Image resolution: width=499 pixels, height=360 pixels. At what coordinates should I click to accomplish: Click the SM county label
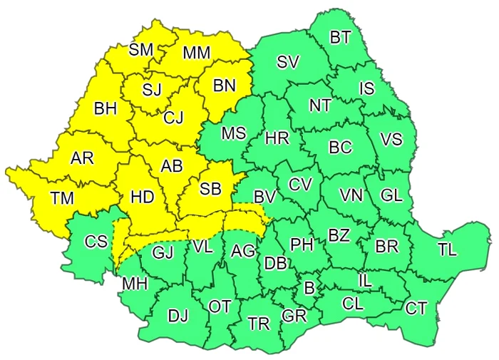[142, 50]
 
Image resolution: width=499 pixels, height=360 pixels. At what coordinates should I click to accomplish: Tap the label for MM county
[196, 53]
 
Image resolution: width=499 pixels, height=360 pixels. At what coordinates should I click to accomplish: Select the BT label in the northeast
[340, 37]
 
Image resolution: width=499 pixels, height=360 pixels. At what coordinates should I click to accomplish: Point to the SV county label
[287, 62]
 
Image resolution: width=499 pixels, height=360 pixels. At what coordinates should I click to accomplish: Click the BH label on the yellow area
[105, 110]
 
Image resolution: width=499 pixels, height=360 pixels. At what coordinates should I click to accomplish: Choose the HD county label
[143, 197]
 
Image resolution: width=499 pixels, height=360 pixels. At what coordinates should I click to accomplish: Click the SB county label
[210, 189]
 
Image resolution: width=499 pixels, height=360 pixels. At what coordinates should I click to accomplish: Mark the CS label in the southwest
[96, 242]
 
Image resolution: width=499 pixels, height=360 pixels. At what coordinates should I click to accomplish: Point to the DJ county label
[178, 314]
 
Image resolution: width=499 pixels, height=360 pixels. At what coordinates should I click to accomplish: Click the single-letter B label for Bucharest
[309, 288]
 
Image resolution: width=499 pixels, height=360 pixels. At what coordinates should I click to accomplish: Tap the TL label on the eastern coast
[448, 250]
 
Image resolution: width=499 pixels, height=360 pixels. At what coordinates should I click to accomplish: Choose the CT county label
[416, 309]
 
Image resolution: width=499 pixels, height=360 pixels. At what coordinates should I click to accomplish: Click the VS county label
[391, 140]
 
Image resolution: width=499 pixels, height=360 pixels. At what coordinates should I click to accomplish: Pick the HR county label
[277, 139]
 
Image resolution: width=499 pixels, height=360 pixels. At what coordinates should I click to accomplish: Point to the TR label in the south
[259, 324]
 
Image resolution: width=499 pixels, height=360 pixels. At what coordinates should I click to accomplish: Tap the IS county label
[366, 88]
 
